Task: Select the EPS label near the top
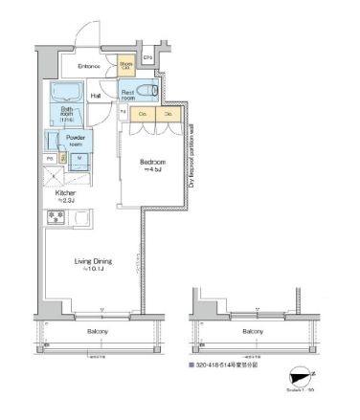click(x=147, y=57)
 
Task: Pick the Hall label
click(x=97, y=96)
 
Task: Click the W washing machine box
click(x=79, y=159)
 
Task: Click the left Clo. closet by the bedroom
click(x=142, y=114)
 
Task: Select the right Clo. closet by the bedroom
click(x=169, y=114)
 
